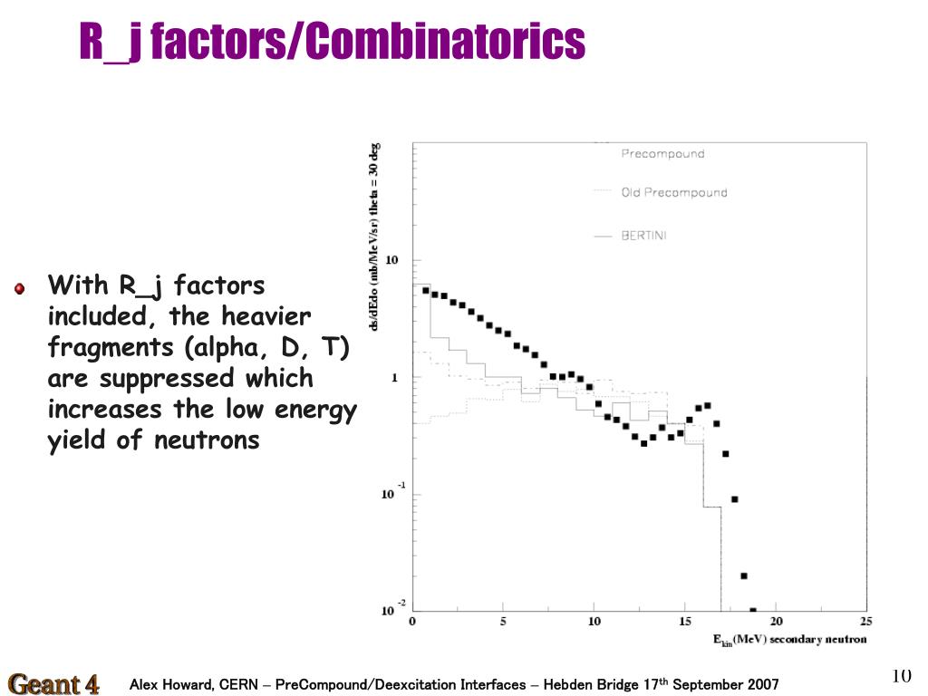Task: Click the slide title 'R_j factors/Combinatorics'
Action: (x=332, y=42)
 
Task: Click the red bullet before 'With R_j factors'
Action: (x=20, y=288)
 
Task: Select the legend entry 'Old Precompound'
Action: (x=673, y=192)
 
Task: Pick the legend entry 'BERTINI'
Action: (x=643, y=236)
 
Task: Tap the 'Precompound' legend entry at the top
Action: (x=662, y=154)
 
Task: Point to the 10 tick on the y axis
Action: (x=391, y=261)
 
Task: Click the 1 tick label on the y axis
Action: (x=394, y=378)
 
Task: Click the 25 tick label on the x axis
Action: (x=865, y=622)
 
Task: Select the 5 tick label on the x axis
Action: (x=503, y=622)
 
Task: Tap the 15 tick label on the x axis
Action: (x=684, y=622)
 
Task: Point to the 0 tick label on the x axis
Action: (x=412, y=622)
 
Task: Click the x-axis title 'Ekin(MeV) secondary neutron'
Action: (x=788, y=640)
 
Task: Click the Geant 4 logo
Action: (x=53, y=683)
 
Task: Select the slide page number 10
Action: (x=901, y=676)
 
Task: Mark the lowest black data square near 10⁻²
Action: (x=752, y=611)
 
